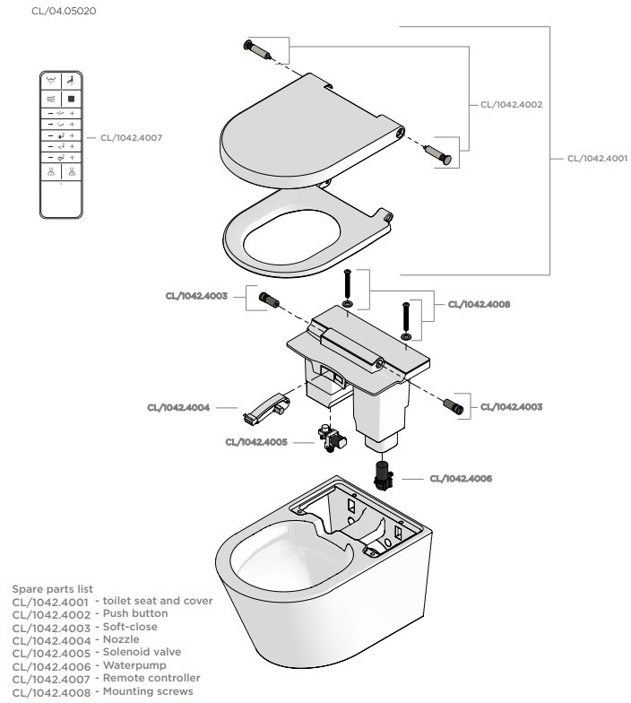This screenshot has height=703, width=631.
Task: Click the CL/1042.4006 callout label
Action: [x=461, y=478]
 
